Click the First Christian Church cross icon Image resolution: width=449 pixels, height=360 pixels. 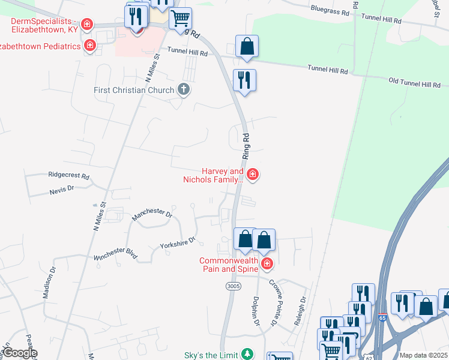click(x=184, y=90)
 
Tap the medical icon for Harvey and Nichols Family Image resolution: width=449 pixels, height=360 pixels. click(x=253, y=175)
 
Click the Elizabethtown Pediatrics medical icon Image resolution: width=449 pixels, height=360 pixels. click(x=90, y=46)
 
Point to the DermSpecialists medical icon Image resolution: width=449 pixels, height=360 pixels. click(x=88, y=24)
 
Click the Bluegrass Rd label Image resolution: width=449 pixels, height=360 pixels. click(x=330, y=9)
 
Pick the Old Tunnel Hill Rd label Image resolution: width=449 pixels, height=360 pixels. click(x=415, y=83)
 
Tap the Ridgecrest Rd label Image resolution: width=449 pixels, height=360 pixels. click(x=68, y=176)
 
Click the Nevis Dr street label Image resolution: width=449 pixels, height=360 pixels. click(x=61, y=188)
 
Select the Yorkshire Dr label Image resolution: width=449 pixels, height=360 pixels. click(x=178, y=242)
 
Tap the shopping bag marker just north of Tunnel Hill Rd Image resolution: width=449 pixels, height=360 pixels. click(x=247, y=46)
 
